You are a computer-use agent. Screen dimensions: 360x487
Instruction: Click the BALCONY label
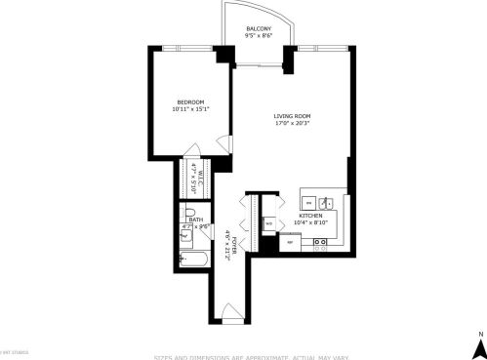pyautogui.click(x=259, y=28)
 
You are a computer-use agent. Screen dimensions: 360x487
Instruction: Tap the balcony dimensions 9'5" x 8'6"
pyautogui.click(x=259, y=36)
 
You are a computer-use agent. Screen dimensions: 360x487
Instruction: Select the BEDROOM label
pyautogui.click(x=190, y=101)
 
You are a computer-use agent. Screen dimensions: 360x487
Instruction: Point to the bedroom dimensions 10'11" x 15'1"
pyautogui.click(x=190, y=109)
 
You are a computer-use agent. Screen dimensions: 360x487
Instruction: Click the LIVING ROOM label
pyautogui.click(x=292, y=116)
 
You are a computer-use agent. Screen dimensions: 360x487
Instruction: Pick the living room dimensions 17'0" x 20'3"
pyautogui.click(x=292, y=124)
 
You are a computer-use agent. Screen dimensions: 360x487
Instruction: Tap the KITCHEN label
pyautogui.click(x=311, y=216)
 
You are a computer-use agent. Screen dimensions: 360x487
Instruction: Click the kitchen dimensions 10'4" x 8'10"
pyautogui.click(x=311, y=223)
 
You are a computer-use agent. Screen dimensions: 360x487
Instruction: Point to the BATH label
pyautogui.click(x=196, y=220)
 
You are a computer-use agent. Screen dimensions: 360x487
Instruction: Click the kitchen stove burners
pyautogui.click(x=319, y=244)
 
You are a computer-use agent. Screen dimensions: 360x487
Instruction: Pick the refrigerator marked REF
pyautogui.click(x=288, y=242)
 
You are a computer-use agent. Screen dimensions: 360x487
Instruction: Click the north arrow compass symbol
pyautogui.click(x=478, y=344)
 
